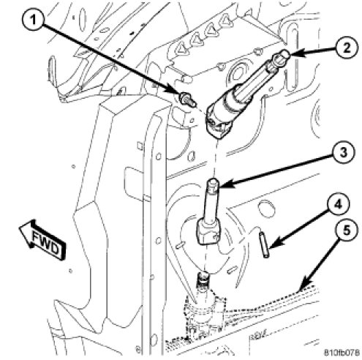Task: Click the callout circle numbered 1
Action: pyautogui.click(x=33, y=20)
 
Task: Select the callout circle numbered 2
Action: pyautogui.click(x=346, y=48)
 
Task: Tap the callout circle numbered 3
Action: pyautogui.click(x=344, y=153)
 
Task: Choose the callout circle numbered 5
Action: pyautogui.click(x=347, y=231)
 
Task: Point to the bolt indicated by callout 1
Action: pyautogui.click(x=187, y=100)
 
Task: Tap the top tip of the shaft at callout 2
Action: pyautogui.click(x=285, y=53)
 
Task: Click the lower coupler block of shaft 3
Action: pyautogui.click(x=209, y=230)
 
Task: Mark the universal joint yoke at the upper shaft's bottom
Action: pyautogui.click(x=218, y=122)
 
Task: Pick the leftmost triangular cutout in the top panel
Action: pyautogui.click(x=181, y=50)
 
